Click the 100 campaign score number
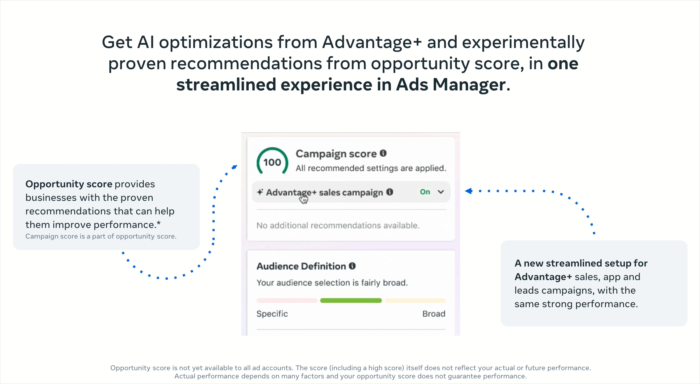272,162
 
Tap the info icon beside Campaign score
383,153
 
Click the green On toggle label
425,192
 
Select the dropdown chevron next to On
441,192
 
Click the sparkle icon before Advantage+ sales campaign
260,192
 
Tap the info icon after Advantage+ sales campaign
390,192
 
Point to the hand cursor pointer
303,199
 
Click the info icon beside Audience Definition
352,266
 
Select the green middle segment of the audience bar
351,300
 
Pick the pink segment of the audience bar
287,300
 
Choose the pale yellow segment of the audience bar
415,300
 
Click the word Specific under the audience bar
272,314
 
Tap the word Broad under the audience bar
434,314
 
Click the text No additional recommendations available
338,225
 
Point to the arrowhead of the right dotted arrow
468,191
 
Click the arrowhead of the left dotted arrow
235,167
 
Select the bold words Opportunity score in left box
69,184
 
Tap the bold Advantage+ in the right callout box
543,277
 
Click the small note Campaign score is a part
101,236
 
